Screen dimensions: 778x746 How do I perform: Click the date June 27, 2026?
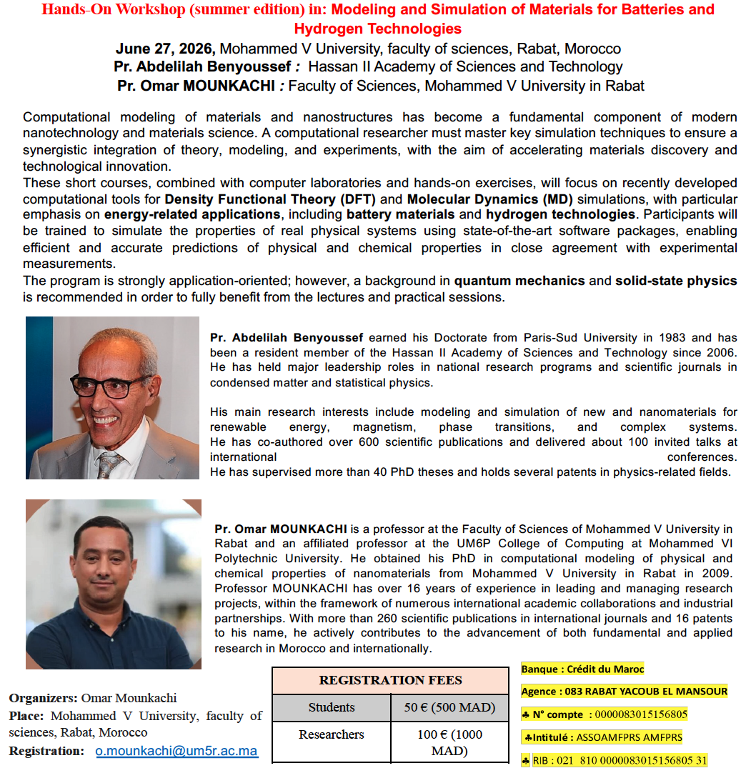click(165, 49)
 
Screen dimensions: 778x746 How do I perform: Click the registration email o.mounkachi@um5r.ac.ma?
click(176, 751)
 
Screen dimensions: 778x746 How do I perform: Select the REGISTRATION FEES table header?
click(390, 680)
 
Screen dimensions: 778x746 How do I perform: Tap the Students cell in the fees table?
click(332, 707)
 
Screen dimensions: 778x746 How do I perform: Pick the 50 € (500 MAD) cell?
click(449, 707)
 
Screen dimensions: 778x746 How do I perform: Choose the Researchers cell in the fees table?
click(332, 734)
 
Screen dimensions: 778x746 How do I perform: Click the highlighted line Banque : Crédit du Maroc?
click(582, 669)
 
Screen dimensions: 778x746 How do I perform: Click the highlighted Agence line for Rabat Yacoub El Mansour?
click(625, 691)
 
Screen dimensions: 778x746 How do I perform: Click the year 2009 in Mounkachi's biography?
click(717, 573)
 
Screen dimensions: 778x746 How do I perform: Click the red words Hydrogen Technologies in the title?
click(377, 29)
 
